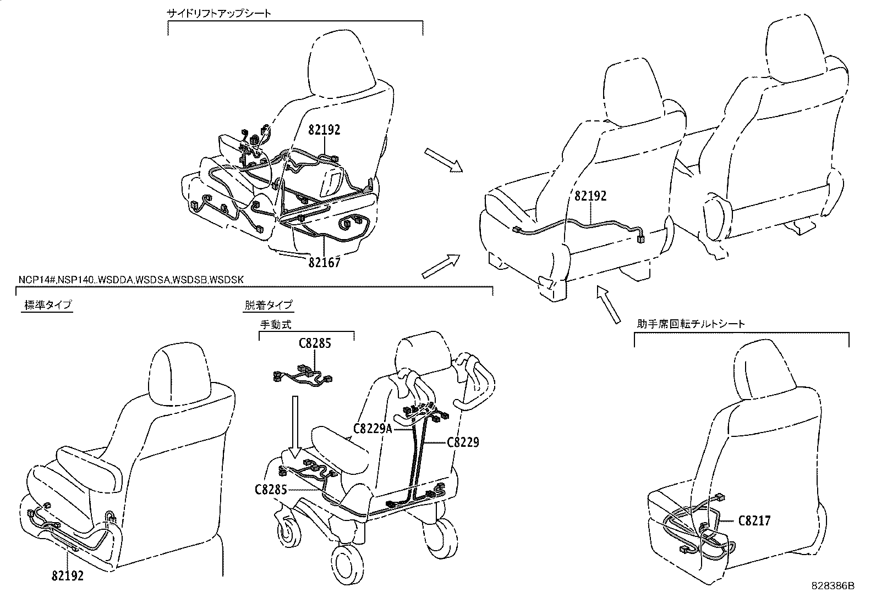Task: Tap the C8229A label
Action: (373, 428)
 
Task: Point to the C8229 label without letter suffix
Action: (463, 441)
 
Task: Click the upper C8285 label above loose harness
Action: (315, 343)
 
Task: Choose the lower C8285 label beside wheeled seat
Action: (271, 489)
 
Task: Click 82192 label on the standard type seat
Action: (68, 575)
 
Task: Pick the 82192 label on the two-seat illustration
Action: (590, 196)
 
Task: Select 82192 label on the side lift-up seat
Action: (324, 130)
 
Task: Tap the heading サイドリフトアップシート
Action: (219, 13)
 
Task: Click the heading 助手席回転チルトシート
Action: (691, 324)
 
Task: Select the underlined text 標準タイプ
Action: (48, 305)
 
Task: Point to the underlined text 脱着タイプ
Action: (268, 305)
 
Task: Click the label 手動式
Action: (275, 325)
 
